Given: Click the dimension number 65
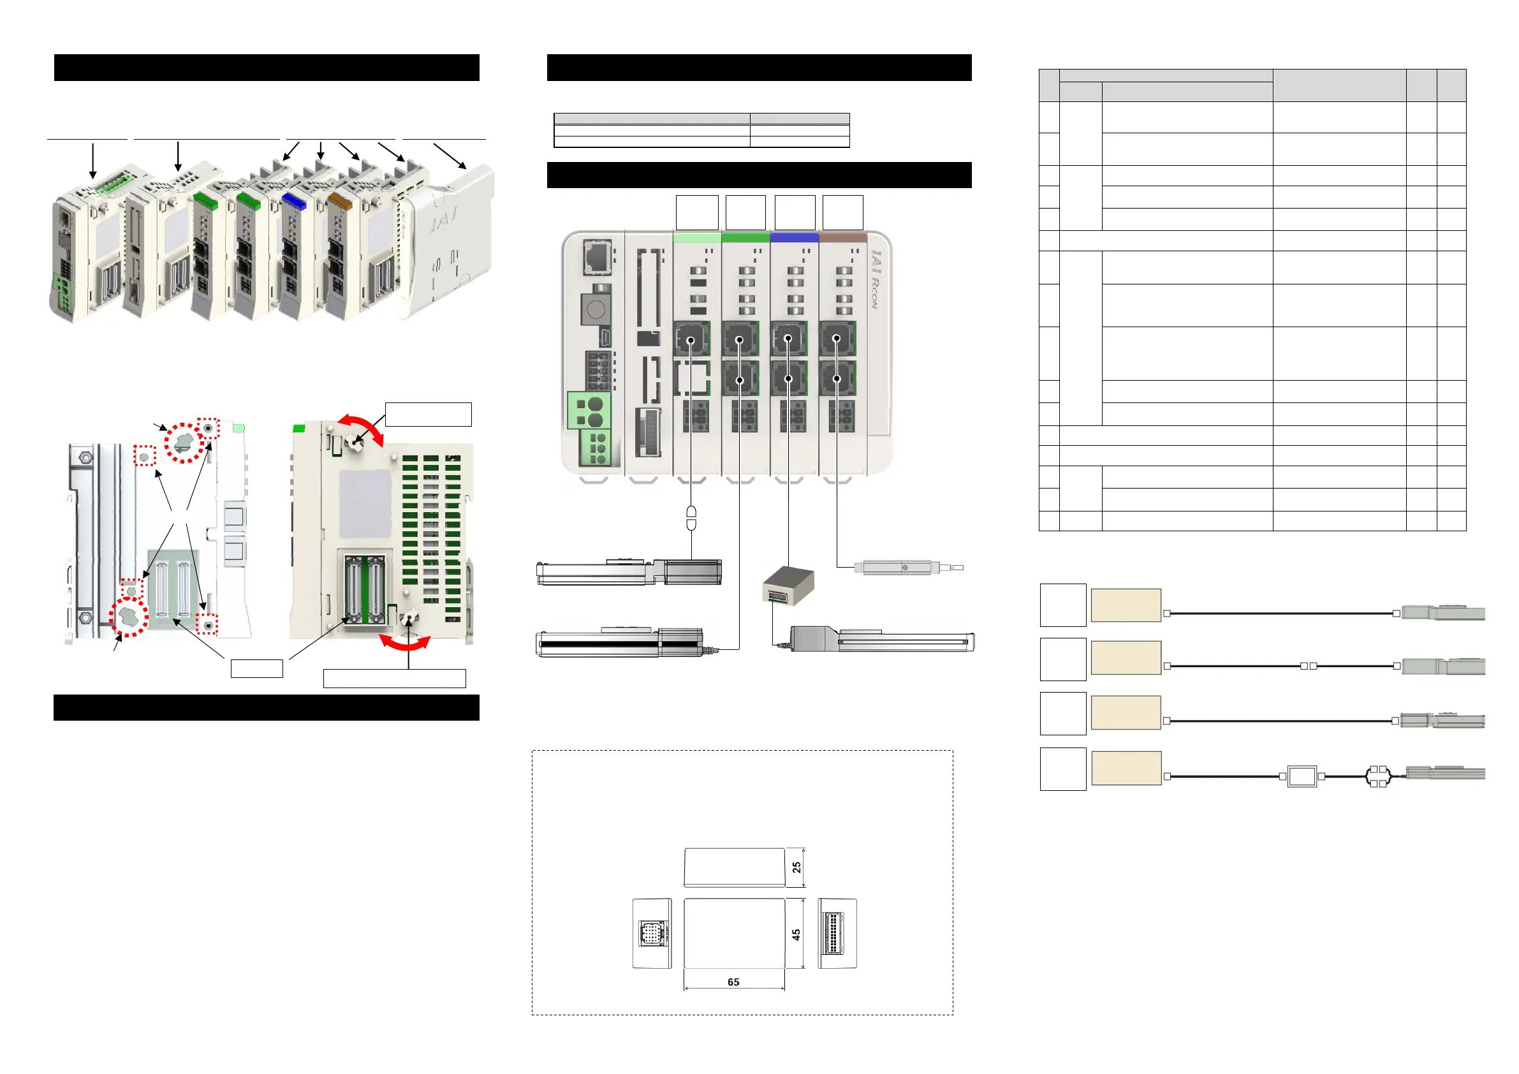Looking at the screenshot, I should coord(733,982).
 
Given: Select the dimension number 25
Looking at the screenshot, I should coord(796,867).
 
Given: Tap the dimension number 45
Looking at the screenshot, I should coord(796,934).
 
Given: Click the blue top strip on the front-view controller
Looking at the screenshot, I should coord(795,237).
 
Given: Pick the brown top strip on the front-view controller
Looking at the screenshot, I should coord(843,237).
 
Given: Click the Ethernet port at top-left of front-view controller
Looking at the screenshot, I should coord(597,257).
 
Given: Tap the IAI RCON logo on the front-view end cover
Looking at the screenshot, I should coord(876,279).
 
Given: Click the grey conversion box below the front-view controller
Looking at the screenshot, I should coord(788,584).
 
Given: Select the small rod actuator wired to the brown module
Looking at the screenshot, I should coord(906,568).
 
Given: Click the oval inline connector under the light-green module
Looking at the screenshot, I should coord(691,518).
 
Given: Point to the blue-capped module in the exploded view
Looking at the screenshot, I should coord(293,200).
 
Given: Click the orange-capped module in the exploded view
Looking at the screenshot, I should coord(339,200).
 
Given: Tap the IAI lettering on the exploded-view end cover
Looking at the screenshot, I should coord(443,218).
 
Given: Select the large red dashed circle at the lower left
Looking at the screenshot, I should coord(129,617).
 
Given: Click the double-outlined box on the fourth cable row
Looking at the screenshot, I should coord(1302,776).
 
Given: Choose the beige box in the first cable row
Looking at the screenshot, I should coord(1126,605).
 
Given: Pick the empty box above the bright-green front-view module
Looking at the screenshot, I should coord(745,212).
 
